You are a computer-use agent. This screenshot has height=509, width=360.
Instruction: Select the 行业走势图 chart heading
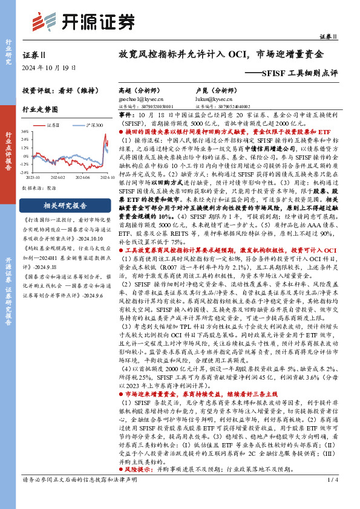pos(40,110)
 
